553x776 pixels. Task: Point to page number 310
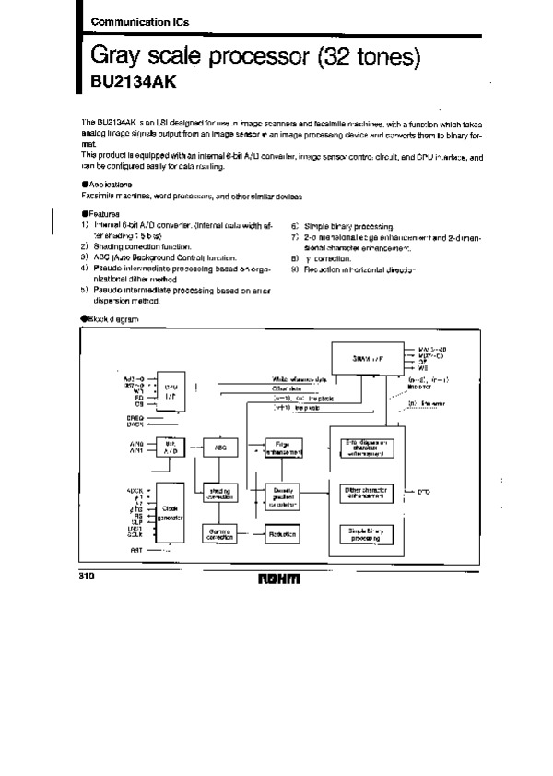coord(76,575)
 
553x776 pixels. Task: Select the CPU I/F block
coord(171,391)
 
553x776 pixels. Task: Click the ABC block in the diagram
coord(220,447)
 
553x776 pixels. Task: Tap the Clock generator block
coord(171,513)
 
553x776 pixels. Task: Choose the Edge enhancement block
coord(280,447)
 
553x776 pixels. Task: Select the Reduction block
coord(280,534)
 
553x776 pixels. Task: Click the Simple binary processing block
coord(366,534)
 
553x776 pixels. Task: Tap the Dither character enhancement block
coord(366,492)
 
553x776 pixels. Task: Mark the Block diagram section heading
coord(111,317)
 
